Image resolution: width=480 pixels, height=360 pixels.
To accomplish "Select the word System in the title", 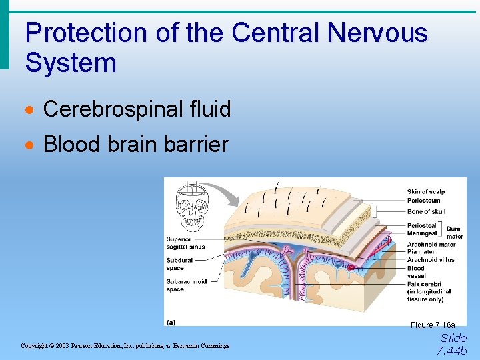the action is point(71,63).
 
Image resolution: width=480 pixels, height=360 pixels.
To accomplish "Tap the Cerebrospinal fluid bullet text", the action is point(137,109).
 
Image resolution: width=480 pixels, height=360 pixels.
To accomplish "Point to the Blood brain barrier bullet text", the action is point(135,143).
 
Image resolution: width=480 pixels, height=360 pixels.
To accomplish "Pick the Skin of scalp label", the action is point(425,192).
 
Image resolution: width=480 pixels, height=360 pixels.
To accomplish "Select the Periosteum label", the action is point(423,200).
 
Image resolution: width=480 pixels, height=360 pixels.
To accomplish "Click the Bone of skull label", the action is point(426,212).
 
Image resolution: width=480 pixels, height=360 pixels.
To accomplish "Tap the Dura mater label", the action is point(455,233).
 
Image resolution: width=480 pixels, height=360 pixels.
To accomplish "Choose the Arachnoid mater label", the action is point(431,245).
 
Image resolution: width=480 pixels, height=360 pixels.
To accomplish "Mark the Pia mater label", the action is point(421,252).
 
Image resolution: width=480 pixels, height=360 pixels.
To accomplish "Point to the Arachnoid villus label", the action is point(431,260).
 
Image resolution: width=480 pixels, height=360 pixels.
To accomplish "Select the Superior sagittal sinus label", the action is point(185,243).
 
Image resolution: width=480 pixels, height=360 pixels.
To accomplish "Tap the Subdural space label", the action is point(179,264).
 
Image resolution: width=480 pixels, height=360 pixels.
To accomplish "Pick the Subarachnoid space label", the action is point(186,285).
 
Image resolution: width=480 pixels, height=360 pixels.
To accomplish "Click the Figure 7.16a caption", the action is point(433,325).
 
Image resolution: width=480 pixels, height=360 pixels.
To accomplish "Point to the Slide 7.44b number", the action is point(453,344).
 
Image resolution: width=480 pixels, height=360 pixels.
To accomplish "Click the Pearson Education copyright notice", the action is point(125,346).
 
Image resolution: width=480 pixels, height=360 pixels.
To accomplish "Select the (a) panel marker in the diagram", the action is point(171,321).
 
